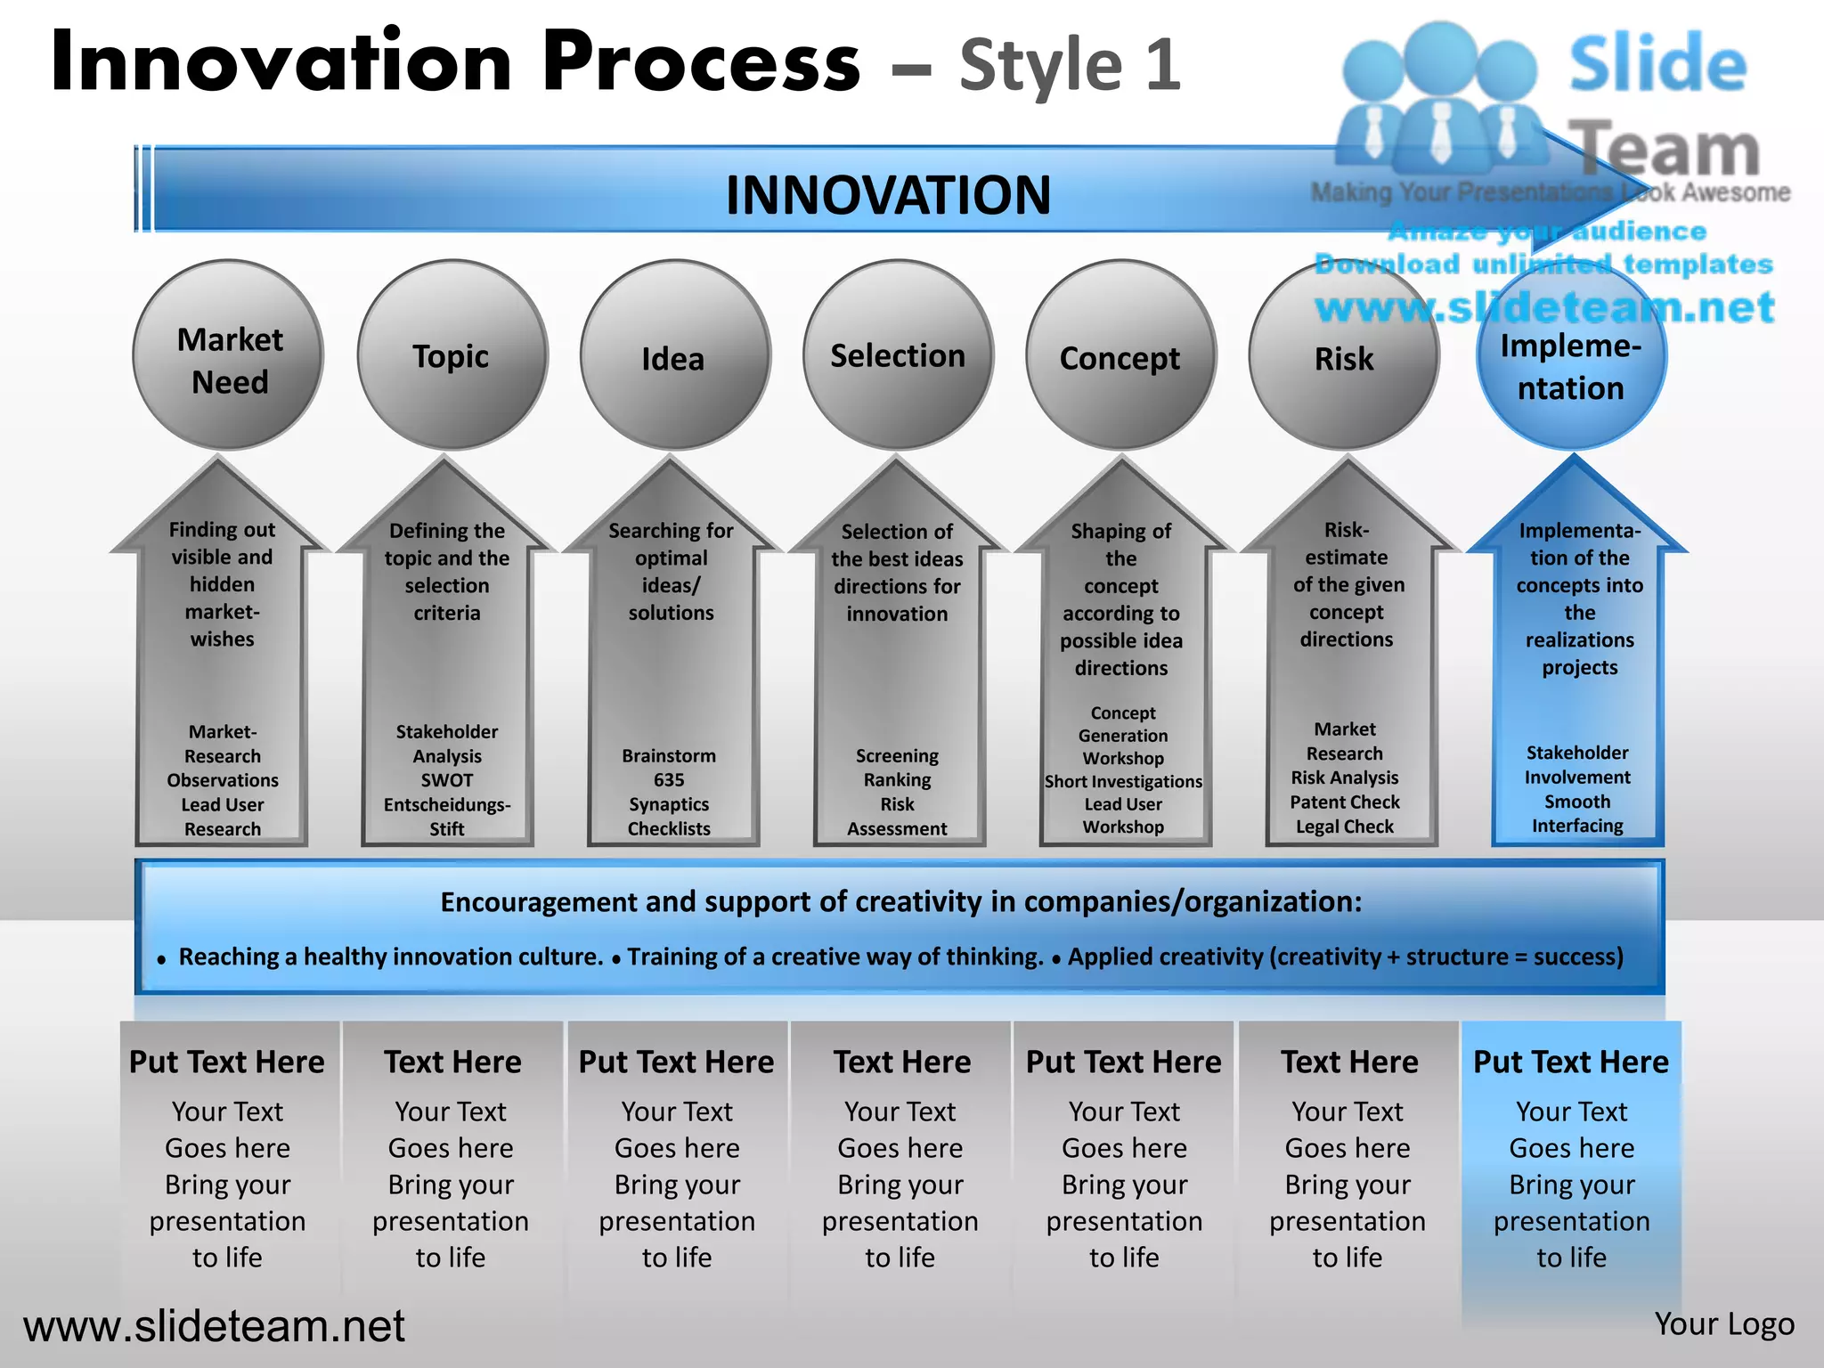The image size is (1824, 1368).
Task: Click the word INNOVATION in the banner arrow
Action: click(888, 195)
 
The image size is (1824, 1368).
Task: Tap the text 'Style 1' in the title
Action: click(1070, 65)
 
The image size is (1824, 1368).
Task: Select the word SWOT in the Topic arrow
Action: click(447, 780)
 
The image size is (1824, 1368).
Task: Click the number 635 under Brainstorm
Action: click(669, 780)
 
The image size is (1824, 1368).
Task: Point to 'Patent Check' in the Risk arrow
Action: click(1345, 802)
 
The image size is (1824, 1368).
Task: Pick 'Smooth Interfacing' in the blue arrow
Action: click(1577, 814)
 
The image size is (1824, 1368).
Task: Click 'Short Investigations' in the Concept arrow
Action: click(1123, 781)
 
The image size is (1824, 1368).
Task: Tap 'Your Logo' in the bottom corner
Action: click(1724, 1324)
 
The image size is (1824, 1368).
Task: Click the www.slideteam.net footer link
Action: click(214, 1326)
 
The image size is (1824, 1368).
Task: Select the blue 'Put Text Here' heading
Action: click(1571, 1063)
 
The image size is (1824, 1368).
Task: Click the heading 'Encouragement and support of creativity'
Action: click(900, 902)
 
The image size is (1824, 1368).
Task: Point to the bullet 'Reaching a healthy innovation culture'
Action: click(390, 957)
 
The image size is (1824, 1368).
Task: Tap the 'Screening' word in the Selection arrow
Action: click(897, 756)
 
